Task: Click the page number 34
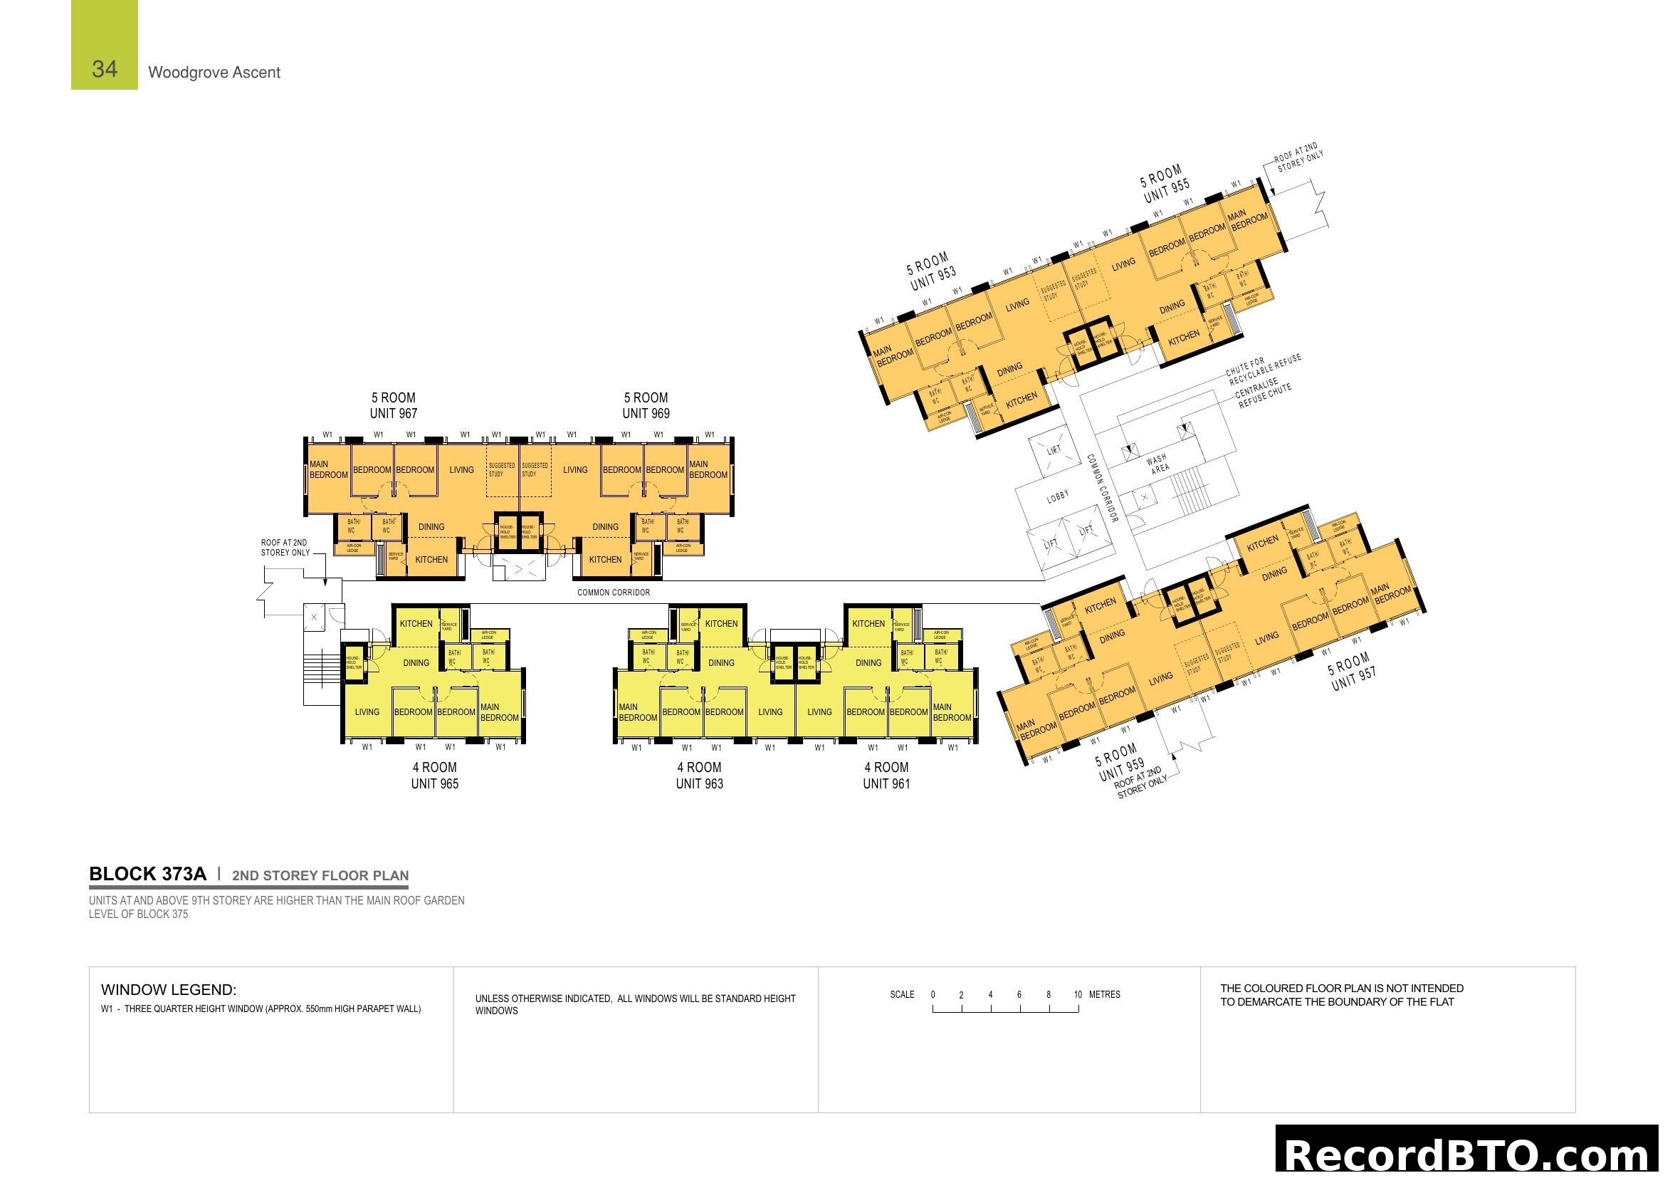click(105, 69)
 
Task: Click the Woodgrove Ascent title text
click(214, 73)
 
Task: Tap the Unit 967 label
click(393, 414)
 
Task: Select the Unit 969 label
click(646, 414)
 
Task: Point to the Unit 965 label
click(434, 783)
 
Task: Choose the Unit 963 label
click(699, 783)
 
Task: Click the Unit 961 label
click(886, 783)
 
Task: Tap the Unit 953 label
click(933, 277)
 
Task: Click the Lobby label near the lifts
click(1057, 496)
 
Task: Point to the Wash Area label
click(1158, 464)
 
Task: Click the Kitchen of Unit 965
click(416, 624)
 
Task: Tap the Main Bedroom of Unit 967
click(327, 469)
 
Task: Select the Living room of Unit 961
click(819, 712)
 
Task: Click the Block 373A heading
click(147, 874)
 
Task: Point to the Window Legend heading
click(168, 989)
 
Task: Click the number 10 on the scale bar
click(1078, 994)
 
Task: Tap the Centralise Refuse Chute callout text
click(1264, 395)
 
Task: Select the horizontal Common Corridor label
click(614, 593)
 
